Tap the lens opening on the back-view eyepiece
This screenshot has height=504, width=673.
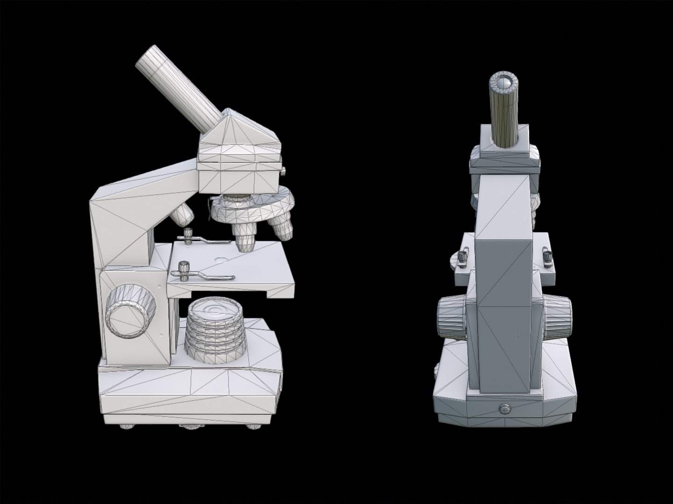pyautogui.click(x=504, y=83)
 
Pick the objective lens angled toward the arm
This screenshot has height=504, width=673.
pyautogui.click(x=182, y=214)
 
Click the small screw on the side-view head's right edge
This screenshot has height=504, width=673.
pyautogui.click(x=283, y=171)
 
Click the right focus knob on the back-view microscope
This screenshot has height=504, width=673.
pyautogui.click(x=558, y=319)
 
